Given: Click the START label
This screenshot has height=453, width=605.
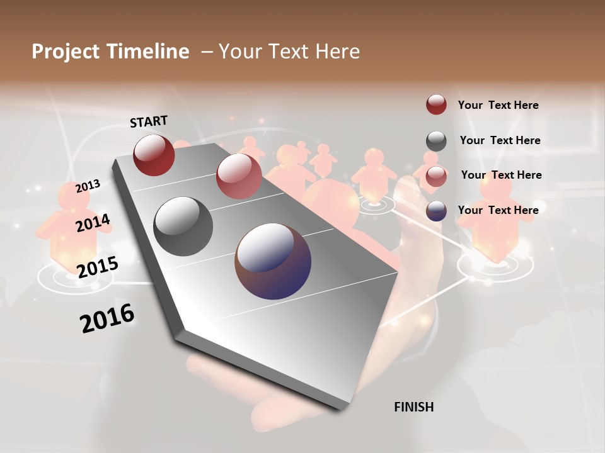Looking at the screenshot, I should click(149, 121).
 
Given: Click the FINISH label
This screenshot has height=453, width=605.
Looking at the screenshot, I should click(413, 407).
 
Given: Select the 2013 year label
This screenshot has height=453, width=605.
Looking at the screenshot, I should click(88, 186).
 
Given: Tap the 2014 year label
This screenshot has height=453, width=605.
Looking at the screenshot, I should click(93, 223).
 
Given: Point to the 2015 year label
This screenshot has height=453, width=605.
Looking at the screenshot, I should click(97, 267).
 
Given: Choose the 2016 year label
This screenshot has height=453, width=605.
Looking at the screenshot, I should click(107, 318).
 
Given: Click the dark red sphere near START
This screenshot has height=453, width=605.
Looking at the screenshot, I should click(154, 155).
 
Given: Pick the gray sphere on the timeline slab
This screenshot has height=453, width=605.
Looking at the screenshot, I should click(183, 226).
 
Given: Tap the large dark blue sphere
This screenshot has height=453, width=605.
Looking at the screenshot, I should click(273, 261).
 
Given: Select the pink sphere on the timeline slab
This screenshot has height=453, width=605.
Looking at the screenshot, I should click(239, 176).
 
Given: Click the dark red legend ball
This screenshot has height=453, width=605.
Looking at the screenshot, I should click(436, 104).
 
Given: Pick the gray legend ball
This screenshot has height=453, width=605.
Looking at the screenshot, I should click(436, 141).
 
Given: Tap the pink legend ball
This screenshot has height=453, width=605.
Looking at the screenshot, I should click(436, 176).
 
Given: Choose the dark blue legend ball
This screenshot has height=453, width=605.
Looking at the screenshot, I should click(436, 211).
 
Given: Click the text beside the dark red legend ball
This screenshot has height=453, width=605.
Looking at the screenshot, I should click(498, 105).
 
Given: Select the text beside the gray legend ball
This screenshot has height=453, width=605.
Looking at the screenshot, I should click(500, 140).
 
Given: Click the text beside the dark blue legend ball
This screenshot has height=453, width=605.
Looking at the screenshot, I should click(498, 210).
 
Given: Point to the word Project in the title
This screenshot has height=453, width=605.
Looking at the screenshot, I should click(64, 52).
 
